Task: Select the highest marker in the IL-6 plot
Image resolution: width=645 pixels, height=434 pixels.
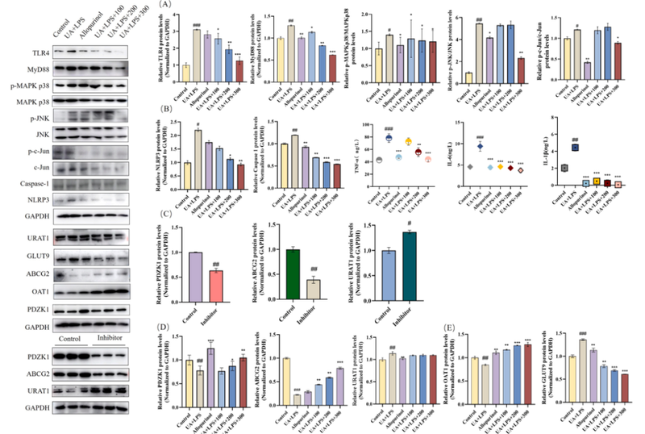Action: tap(481, 147)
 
